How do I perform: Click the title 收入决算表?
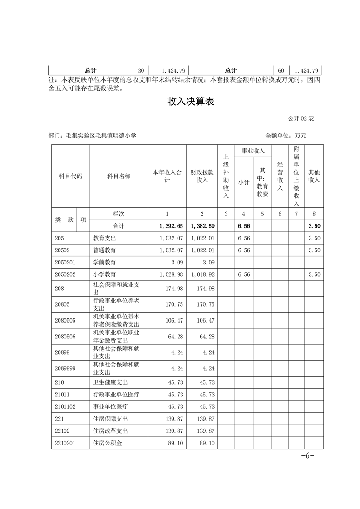click(x=190, y=102)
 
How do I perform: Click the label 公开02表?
click(x=301, y=118)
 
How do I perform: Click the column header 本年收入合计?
click(x=167, y=176)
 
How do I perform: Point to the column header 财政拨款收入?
click(x=202, y=176)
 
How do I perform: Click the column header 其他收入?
click(x=314, y=176)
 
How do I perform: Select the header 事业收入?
click(x=253, y=151)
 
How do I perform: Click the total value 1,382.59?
click(x=203, y=225)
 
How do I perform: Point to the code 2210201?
click(x=65, y=443)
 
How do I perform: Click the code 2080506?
click(x=65, y=337)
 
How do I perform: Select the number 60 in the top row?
click(x=281, y=70)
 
